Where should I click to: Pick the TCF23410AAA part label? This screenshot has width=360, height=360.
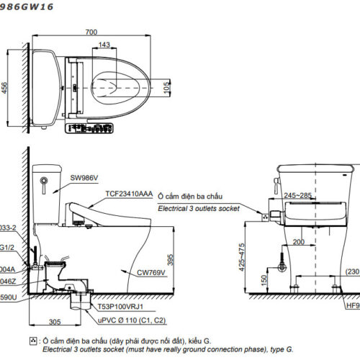[x=130, y=194]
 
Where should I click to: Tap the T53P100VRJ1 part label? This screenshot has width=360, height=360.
[x=122, y=305]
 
